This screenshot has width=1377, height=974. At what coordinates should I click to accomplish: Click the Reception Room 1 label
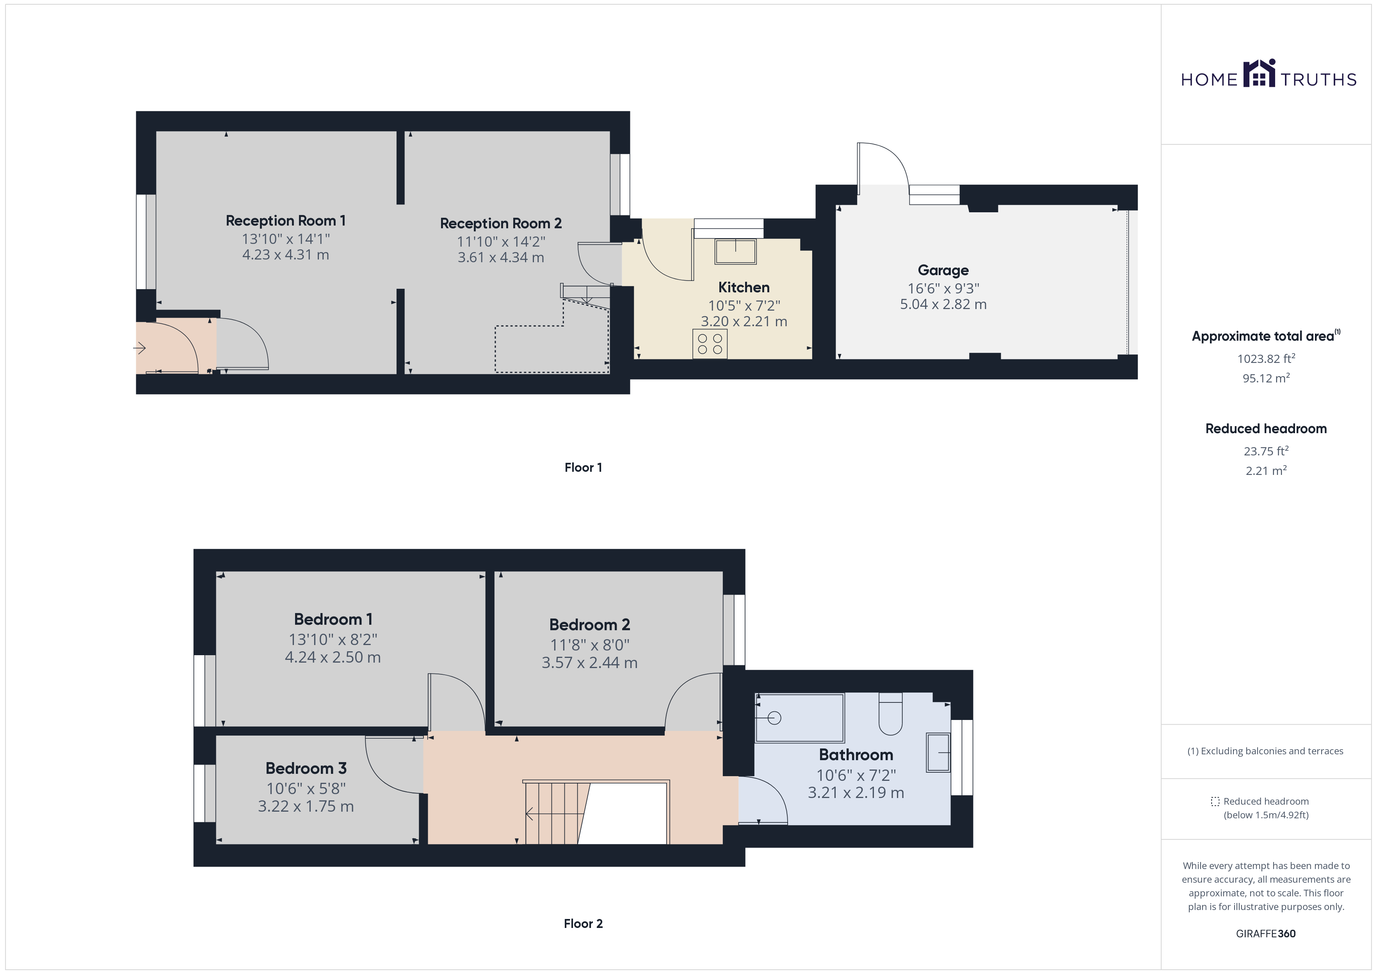tap(285, 221)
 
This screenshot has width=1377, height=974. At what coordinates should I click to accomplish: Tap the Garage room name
tap(943, 270)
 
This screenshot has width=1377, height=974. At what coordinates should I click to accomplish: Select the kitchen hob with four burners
tap(710, 344)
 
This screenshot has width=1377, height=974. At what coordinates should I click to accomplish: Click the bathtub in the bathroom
tap(799, 718)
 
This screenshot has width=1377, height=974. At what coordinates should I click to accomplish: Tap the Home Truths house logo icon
tap(1260, 74)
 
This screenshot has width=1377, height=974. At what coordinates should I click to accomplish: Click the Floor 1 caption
tap(583, 467)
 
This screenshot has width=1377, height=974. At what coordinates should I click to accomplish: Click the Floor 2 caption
tap(583, 924)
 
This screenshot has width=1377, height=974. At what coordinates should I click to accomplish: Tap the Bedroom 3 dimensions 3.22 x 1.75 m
tap(306, 806)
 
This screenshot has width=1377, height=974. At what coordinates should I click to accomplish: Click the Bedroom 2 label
tap(589, 624)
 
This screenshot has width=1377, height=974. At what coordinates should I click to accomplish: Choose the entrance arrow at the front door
tap(140, 348)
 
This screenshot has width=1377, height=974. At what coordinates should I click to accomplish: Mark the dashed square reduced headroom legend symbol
tap(1215, 801)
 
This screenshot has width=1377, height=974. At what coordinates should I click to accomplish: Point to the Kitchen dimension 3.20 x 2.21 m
tap(744, 322)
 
